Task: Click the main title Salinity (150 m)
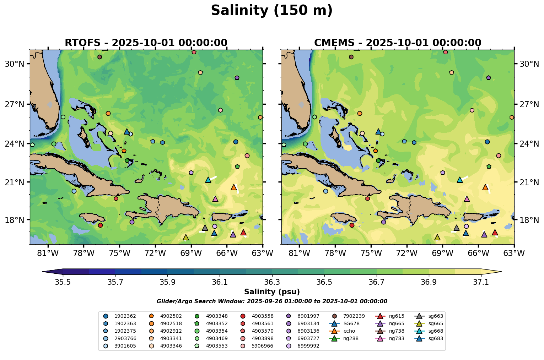pos(271,11)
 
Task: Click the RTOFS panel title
pos(146,43)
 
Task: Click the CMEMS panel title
pos(398,43)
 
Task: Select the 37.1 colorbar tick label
pos(481,282)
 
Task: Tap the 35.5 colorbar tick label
pos(63,282)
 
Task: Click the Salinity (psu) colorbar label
pos(272,292)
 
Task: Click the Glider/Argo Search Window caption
pos(272,301)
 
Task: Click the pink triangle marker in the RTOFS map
pos(215,199)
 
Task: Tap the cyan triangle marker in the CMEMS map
pos(459,180)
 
